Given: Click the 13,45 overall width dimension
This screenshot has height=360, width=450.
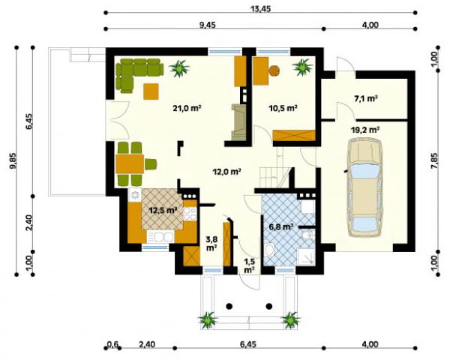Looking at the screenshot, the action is pos(260,9).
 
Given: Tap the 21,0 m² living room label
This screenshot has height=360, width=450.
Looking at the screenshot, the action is pos(187,108).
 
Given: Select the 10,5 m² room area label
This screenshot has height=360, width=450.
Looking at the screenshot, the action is pos(283,108).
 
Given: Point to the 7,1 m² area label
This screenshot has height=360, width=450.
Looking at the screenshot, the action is pos(365,98).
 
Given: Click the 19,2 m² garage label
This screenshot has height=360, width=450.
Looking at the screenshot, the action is pos(365,130).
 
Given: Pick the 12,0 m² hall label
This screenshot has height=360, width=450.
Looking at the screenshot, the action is pos(226,172).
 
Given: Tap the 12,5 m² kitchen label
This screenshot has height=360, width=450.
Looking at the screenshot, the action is pos(163,210).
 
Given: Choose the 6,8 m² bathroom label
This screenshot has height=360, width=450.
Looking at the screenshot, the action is pos(281,227).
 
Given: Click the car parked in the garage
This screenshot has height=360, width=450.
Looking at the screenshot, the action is pos(364,187).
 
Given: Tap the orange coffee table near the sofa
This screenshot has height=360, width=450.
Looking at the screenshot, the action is pos(151,91).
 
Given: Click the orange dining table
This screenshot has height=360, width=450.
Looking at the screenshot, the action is pos(130,164).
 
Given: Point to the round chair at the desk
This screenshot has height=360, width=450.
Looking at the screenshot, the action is pos(274,70).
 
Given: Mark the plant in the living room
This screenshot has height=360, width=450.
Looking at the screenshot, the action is pos(179,68).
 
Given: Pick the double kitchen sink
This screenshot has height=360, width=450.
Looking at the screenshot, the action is pos(160,237).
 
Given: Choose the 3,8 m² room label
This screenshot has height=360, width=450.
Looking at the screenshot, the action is pos(211,244).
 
